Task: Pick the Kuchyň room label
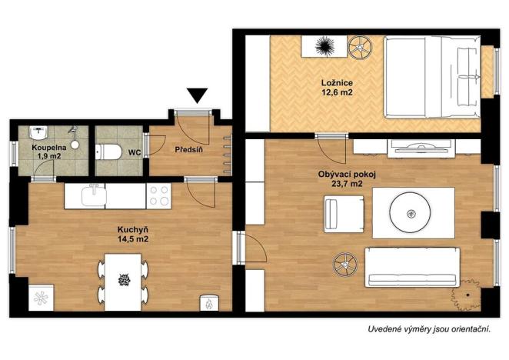[x=133, y=229]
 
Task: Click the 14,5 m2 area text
[x=133, y=240]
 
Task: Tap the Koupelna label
[x=48, y=147]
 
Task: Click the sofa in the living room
[x=411, y=268]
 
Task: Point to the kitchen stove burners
[x=159, y=195]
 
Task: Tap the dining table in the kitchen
[x=123, y=282]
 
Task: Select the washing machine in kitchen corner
[x=41, y=296]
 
